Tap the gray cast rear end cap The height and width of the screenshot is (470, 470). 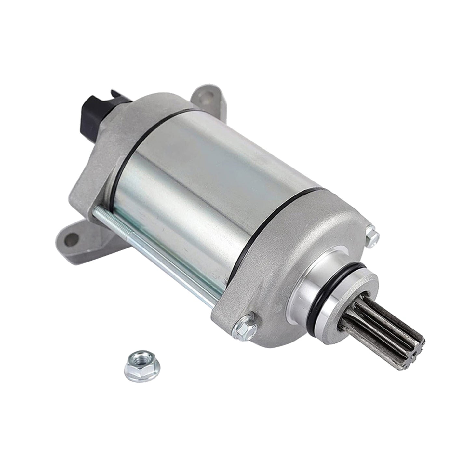[x=98, y=163]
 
